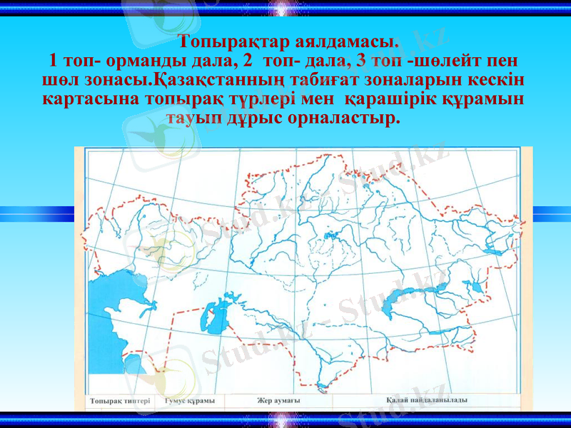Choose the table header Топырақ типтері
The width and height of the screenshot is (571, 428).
120,402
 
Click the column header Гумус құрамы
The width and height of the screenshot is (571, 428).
189,402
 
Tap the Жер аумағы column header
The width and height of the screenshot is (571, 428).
279,401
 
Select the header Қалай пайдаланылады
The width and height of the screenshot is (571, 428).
427,400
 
